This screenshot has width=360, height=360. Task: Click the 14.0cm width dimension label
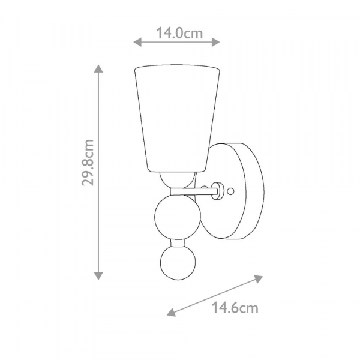tap(179, 33)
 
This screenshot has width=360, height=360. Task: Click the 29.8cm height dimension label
tap(88, 163)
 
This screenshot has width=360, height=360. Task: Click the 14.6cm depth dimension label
tap(235, 308)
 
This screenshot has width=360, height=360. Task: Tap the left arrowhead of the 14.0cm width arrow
tap(137, 42)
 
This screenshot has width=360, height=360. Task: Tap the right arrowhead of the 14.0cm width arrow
tap(215, 42)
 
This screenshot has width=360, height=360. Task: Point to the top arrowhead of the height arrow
tap(98, 68)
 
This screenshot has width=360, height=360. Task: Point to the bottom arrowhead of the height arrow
tap(98, 275)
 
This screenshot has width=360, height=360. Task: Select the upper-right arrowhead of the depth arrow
tap(258, 278)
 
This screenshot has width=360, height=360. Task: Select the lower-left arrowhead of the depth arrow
tap(172, 313)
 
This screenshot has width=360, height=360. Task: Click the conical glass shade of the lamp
tap(177, 118)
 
